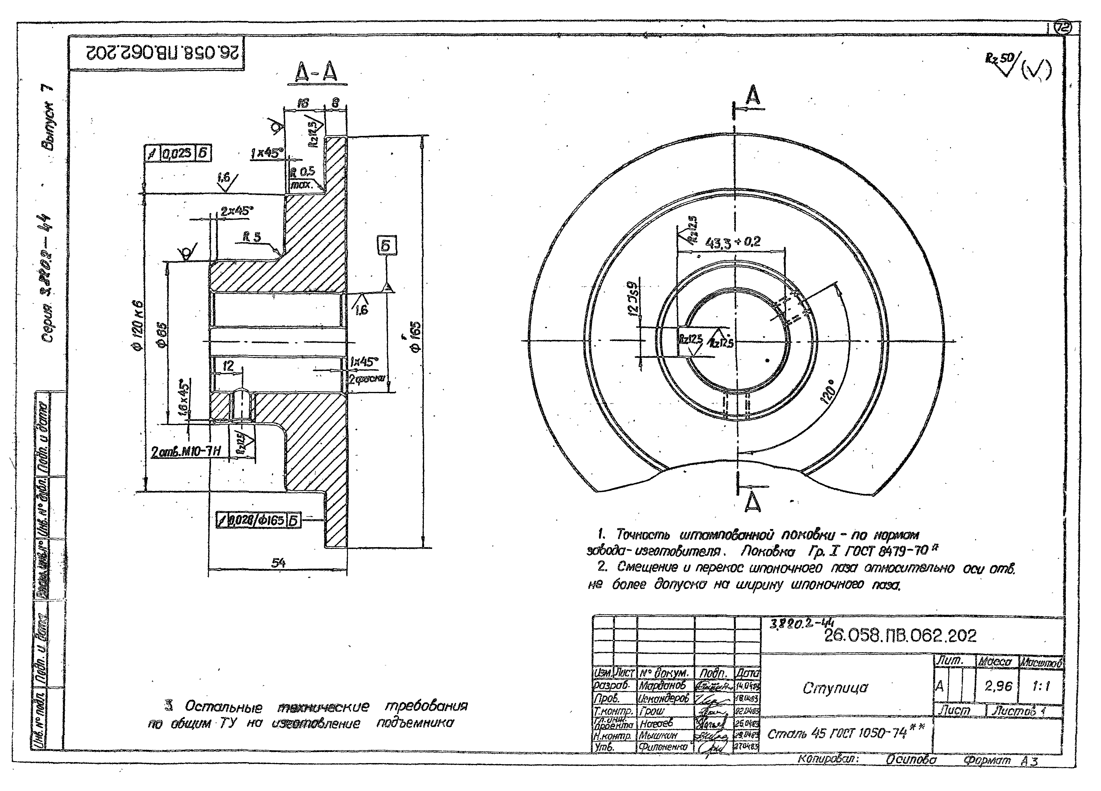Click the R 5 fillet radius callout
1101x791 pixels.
[252, 237]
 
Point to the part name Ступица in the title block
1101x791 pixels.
[835, 688]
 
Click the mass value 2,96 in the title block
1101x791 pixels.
[998, 686]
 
